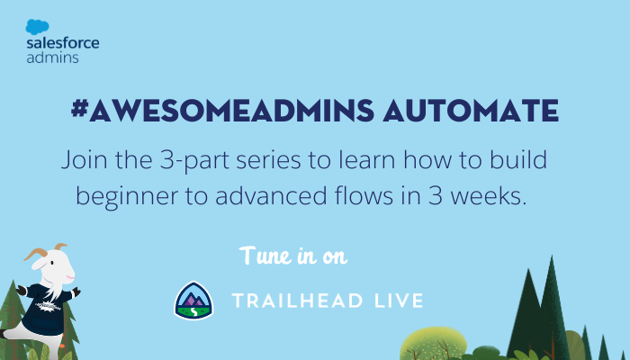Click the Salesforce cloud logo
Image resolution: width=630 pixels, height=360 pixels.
tap(38, 27)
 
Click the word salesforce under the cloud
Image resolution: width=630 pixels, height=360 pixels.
tap(63, 43)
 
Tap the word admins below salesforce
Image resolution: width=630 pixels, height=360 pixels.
tap(52, 58)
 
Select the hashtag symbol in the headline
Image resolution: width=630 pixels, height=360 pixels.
tap(79, 109)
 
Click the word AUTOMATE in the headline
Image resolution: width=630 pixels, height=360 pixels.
tap(471, 110)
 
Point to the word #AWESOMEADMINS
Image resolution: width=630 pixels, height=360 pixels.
tap(222, 110)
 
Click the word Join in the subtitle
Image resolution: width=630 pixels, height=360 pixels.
tap(84, 160)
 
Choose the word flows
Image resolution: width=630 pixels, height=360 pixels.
tap(364, 196)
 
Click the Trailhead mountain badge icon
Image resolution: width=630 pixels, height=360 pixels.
tap(193, 301)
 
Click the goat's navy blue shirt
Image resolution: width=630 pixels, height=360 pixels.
tap(46, 308)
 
